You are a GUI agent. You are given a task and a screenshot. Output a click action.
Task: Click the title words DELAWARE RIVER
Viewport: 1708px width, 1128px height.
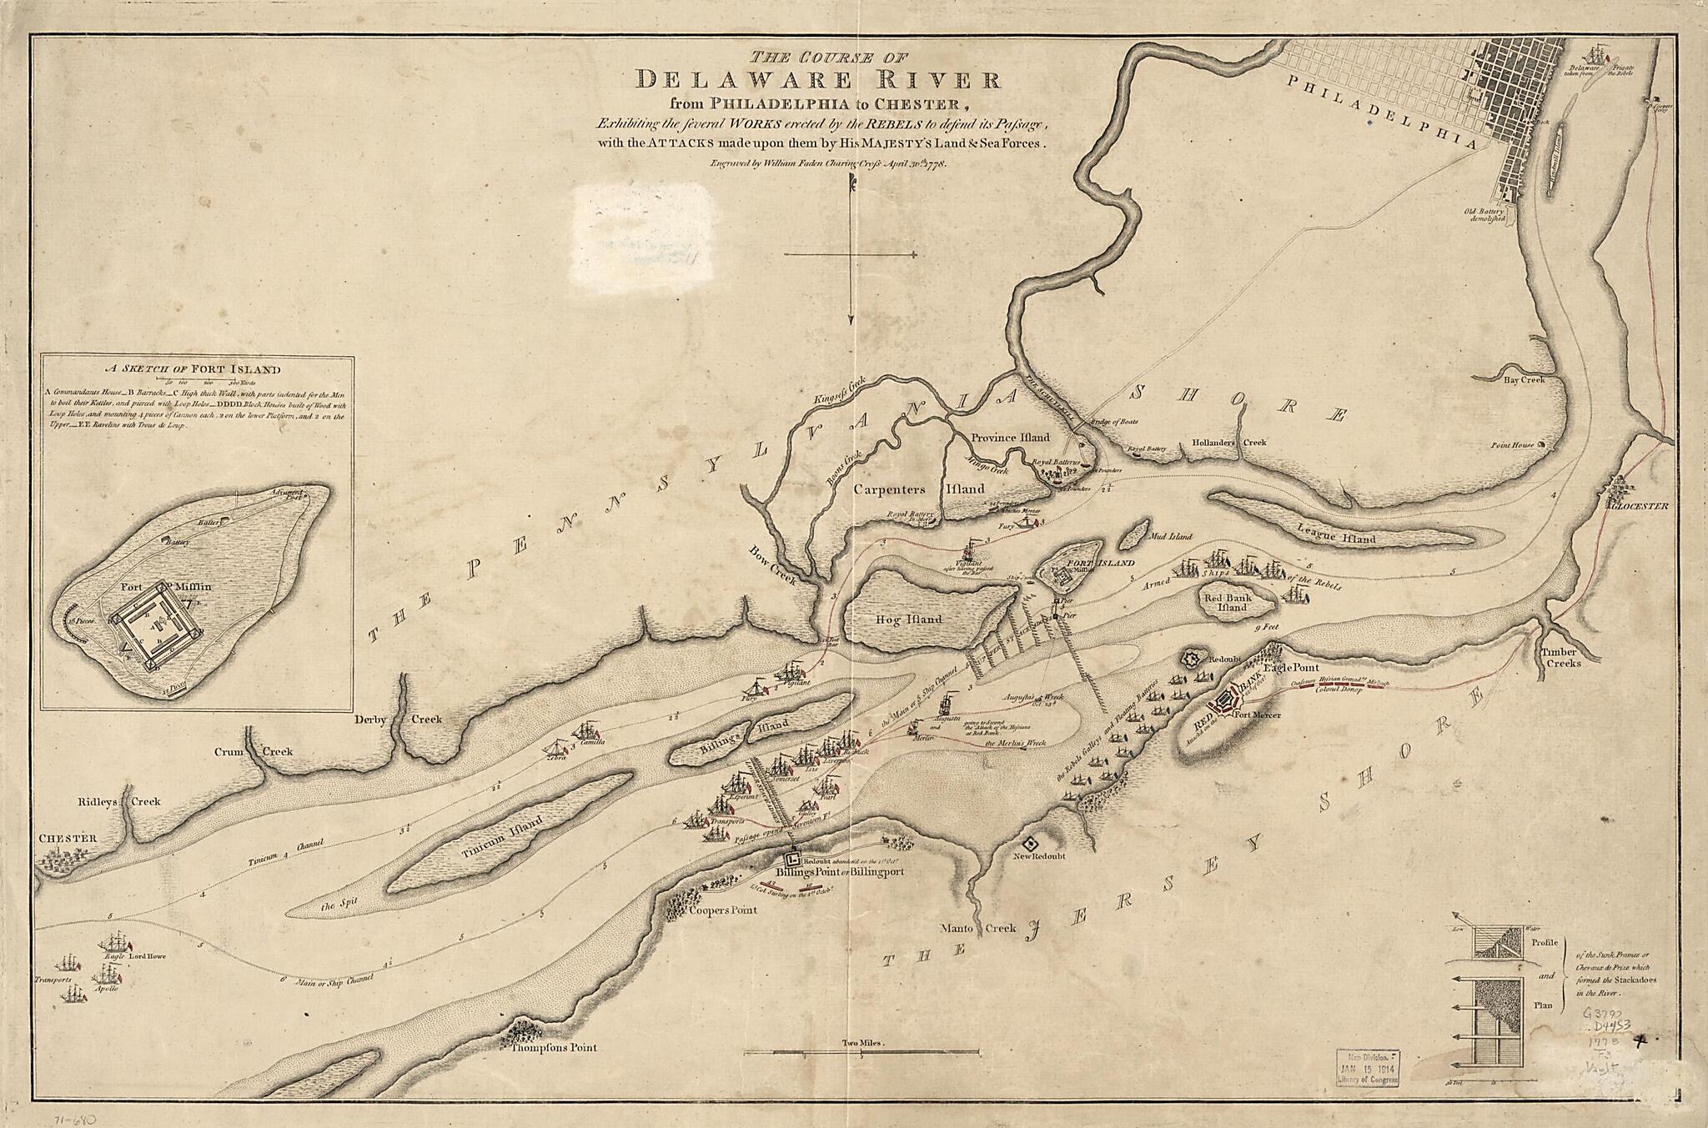coord(818,81)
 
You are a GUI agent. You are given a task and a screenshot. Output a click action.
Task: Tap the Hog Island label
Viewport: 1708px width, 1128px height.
coord(909,619)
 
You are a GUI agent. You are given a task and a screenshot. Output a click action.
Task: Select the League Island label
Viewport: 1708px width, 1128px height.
coord(1336,539)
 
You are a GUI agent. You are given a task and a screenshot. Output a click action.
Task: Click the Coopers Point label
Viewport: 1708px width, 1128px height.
coord(722,910)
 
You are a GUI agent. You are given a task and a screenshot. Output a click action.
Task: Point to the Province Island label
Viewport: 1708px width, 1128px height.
coord(1010,437)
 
